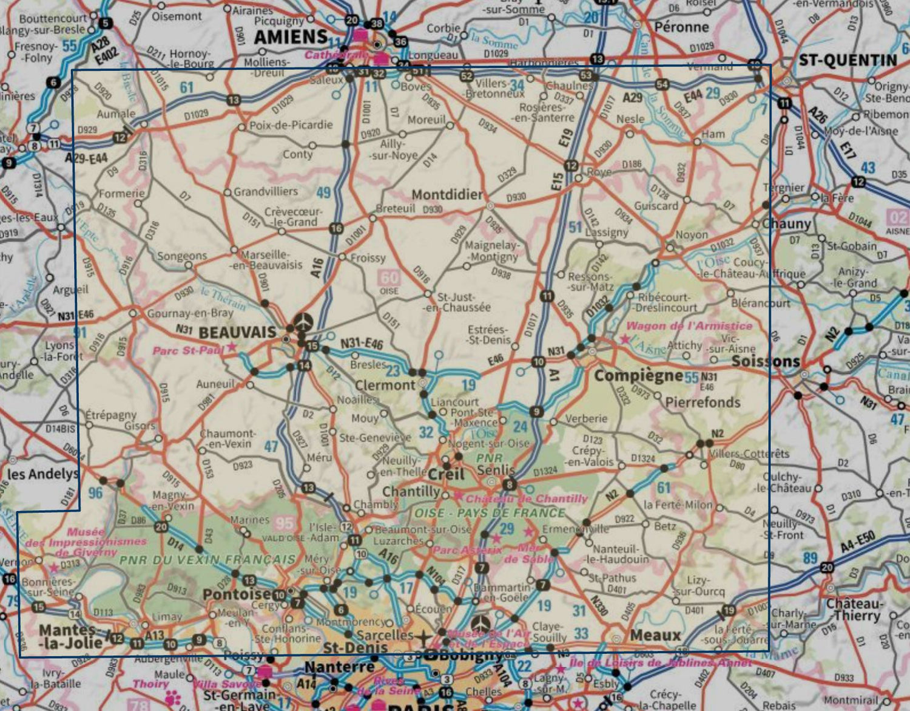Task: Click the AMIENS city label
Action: [x=291, y=37]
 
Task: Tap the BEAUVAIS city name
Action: [x=237, y=332]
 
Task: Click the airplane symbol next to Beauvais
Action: [x=303, y=321]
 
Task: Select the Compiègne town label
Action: [x=638, y=376]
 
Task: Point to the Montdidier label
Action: [x=447, y=194]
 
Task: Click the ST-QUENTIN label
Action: [x=847, y=60]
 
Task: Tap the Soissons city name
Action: [x=766, y=361]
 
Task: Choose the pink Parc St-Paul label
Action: [x=188, y=350]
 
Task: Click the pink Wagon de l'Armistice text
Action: [x=689, y=326]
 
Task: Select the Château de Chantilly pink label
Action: [x=527, y=498]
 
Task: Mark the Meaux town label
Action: [x=655, y=635]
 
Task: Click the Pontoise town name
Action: [x=237, y=594]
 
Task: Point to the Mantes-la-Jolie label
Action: [x=67, y=635]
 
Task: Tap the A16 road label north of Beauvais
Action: [x=317, y=268]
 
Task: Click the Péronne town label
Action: [x=681, y=27]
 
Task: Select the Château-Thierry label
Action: [x=852, y=610]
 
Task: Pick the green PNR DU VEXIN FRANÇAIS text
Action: [x=207, y=560]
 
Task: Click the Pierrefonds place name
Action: [x=703, y=402]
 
